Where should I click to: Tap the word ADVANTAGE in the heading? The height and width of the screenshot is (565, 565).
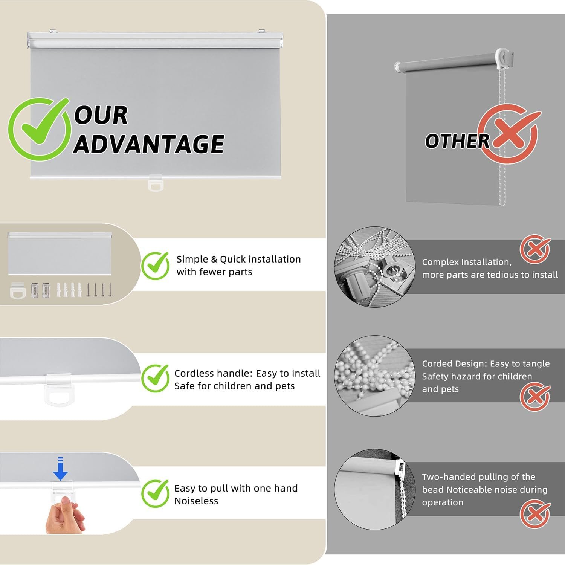click(149, 144)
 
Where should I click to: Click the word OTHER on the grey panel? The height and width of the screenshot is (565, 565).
click(457, 141)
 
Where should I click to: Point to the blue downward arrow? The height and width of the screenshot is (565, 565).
click(60, 469)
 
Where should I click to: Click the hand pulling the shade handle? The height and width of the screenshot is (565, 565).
click(65, 515)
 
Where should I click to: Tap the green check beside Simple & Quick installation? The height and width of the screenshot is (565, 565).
click(155, 266)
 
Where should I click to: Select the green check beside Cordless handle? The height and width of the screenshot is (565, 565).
click(155, 378)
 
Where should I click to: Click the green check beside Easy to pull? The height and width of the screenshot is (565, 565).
click(155, 493)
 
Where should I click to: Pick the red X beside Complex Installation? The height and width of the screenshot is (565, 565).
click(535, 249)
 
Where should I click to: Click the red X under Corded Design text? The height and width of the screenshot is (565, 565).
click(535, 396)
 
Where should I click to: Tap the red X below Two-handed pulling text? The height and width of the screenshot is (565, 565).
click(535, 513)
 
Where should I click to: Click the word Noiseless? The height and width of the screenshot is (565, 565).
click(196, 501)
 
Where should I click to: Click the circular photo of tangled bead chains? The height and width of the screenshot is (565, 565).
click(375, 376)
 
